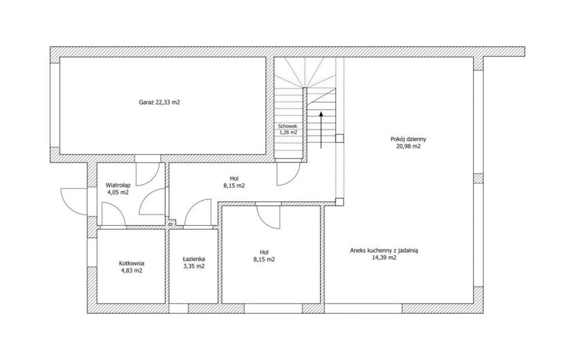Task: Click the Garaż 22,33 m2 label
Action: (159, 102)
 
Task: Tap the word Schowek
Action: (288, 126)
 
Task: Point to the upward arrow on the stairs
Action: (321, 129)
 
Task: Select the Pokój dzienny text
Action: (408, 139)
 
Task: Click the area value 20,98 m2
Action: (408, 146)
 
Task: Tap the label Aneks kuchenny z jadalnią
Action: (384, 251)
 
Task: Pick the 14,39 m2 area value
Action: (384, 258)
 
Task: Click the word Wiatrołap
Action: (118, 185)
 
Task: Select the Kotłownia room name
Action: (132, 263)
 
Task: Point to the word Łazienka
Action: (194, 259)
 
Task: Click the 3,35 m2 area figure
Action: (194, 267)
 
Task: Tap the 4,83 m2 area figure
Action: (132, 271)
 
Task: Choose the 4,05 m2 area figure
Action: (118, 192)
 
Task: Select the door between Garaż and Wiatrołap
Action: (148, 173)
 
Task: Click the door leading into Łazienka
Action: (197, 212)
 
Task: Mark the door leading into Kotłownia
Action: (114, 214)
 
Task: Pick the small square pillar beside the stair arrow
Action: (339, 138)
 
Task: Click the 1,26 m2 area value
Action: (288, 132)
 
